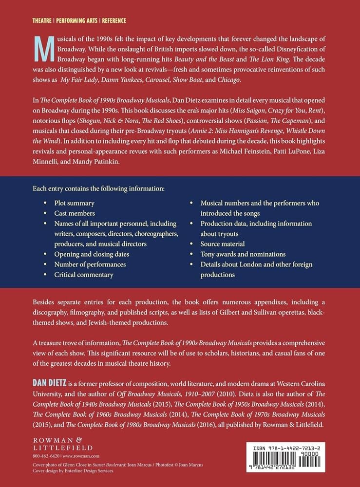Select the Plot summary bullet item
[x=75, y=203]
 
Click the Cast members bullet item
[x=75, y=213]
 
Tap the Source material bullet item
[x=223, y=243]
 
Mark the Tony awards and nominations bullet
[x=243, y=254]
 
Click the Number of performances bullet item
[x=90, y=264]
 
